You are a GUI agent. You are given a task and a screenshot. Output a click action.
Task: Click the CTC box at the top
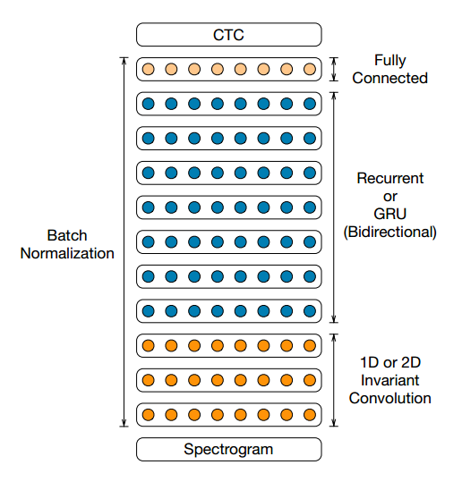(x=228, y=34)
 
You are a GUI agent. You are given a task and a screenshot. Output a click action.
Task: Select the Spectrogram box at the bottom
(x=228, y=449)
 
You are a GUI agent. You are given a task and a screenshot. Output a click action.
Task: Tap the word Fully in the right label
(x=390, y=61)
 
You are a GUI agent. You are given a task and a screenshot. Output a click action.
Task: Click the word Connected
(x=390, y=78)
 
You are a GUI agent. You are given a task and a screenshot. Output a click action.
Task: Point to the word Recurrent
(x=390, y=178)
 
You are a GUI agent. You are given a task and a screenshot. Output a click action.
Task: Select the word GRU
(x=390, y=214)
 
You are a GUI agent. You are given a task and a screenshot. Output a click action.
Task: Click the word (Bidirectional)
(x=390, y=232)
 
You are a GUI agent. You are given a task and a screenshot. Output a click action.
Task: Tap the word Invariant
(x=390, y=380)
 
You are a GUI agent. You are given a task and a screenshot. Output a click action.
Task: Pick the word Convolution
(x=390, y=398)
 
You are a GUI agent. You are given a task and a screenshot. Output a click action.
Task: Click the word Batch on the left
(x=67, y=235)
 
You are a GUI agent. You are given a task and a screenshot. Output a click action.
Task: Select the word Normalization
(x=67, y=253)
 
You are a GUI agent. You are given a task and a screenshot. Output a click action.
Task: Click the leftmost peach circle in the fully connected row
(x=148, y=69)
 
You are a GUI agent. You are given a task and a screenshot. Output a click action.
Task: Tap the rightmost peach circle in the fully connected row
(x=310, y=69)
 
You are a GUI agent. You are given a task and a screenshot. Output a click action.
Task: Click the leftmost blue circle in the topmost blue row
(x=148, y=104)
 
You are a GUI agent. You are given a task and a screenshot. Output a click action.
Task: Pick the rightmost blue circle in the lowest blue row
(x=310, y=311)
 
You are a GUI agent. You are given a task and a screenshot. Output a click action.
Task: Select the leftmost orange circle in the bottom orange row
(x=148, y=415)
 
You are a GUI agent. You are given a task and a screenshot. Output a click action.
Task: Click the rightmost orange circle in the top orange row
(x=310, y=345)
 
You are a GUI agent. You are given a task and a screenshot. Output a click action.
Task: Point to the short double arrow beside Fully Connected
(x=334, y=69)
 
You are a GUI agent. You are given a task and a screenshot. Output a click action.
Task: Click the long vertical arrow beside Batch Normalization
(x=124, y=242)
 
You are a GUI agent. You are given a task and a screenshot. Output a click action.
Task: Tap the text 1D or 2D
(x=390, y=362)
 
